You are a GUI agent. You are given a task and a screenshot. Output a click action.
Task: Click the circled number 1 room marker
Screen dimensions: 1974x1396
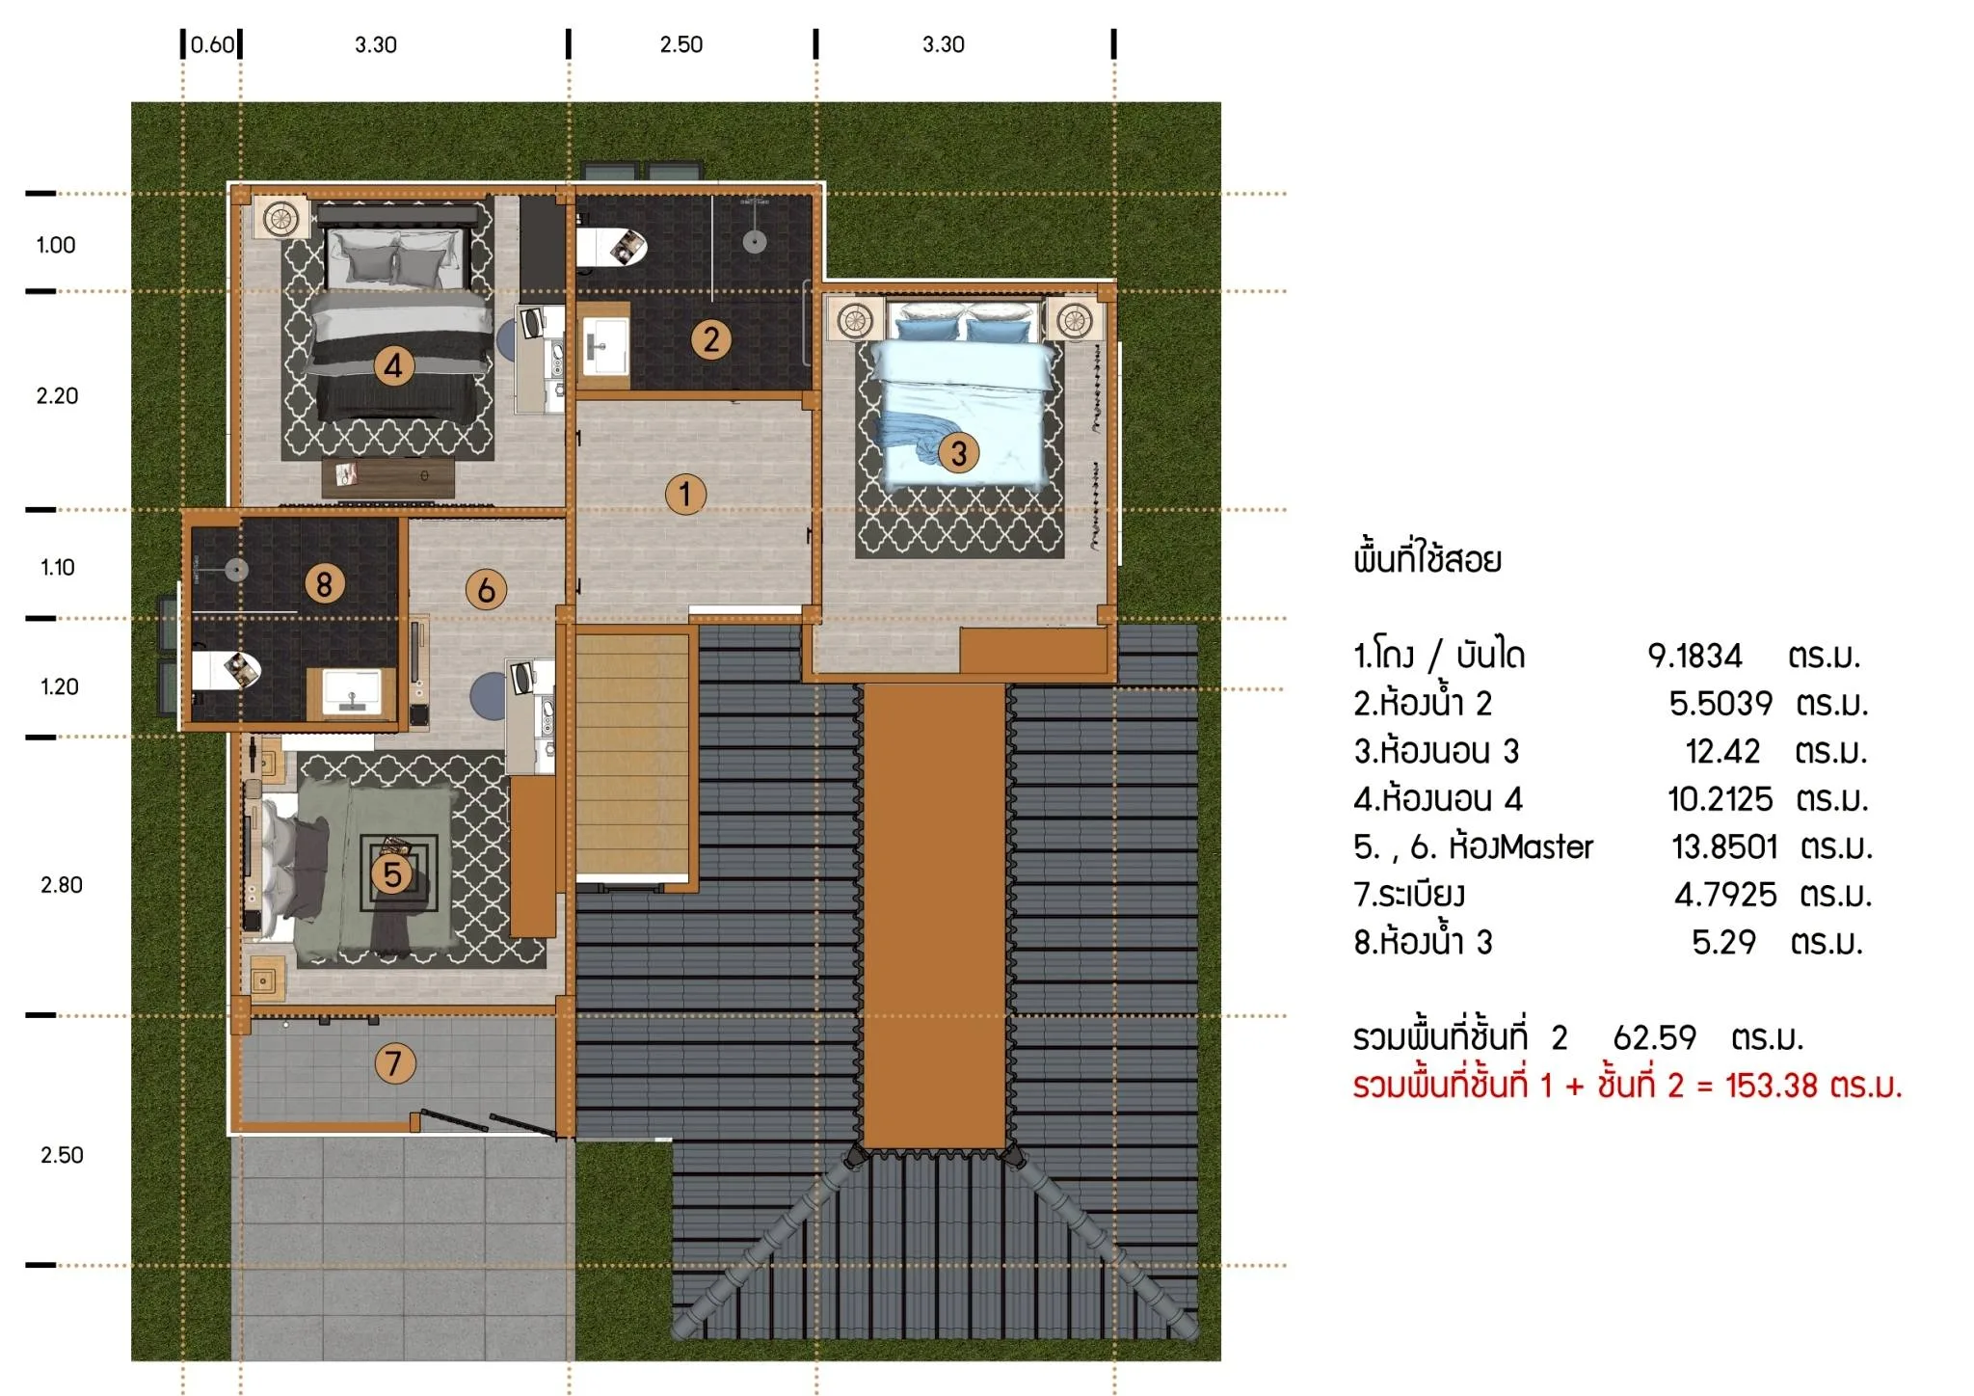pyautogui.click(x=685, y=495)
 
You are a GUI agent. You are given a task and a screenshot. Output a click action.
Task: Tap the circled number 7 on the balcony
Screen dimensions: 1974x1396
pyautogui.click(x=394, y=1063)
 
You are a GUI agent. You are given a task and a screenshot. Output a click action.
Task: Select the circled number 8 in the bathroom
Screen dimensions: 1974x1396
pyautogui.click(x=325, y=583)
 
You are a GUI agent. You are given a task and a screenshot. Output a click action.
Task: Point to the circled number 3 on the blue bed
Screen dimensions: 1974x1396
pyautogui.click(x=958, y=453)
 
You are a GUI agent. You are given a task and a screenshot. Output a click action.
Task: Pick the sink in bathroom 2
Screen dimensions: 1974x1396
pyautogui.click(x=606, y=345)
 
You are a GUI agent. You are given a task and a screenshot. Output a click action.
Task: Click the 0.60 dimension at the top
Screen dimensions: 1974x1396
pyautogui.click(x=212, y=44)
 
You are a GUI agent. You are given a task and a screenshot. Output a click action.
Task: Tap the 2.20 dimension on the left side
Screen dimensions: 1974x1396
pyautogui.click(x=58, y=395)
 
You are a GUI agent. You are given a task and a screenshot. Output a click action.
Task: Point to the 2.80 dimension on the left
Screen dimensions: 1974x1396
pyautogui.click(x=62, y=885)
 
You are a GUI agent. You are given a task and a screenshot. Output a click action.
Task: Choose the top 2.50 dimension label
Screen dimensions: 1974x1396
pyautogui.click(x=681, y=44)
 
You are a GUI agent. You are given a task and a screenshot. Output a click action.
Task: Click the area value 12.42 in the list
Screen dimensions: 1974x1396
pyautogui.click(x=1722, y=751)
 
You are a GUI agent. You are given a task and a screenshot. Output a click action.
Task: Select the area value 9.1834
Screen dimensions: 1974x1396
pyautogui.click(x=1694, y=656)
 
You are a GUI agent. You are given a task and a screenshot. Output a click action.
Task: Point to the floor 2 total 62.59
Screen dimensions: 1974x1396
pyautogui.click(x=1654, y=1037)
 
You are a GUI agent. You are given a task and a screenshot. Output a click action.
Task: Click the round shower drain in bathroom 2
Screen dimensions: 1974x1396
pyautogui.click(x=755, y=241)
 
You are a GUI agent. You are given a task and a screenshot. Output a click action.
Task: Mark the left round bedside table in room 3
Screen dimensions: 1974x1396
pyautogui.click(x=855, y=320)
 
